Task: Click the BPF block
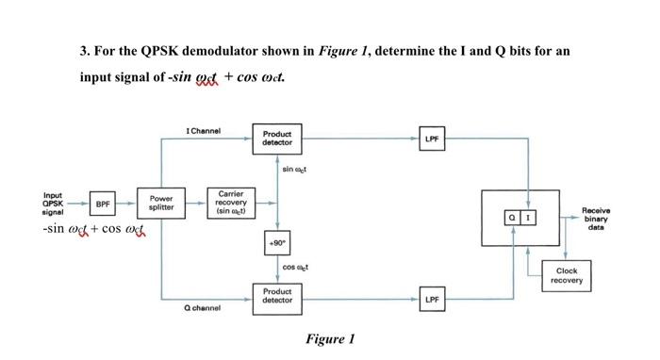[104, 204]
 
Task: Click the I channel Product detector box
[276, 139]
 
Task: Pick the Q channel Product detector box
[276, 296]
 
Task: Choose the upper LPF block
[431, 139]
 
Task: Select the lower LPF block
[431, 299]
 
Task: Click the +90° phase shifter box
[276, 241]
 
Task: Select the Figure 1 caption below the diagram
[330, 339]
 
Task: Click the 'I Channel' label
[204, 131]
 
